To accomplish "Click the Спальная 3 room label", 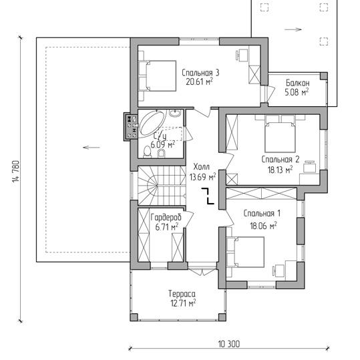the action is pos(200,73).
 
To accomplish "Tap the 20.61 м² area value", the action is pos(199,81).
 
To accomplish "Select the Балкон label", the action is pos(298,83).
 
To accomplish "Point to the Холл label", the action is pos(201,166).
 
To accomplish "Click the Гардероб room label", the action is pos(166,217).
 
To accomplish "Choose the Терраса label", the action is pos(182,294).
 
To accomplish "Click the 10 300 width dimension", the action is pos(228,344).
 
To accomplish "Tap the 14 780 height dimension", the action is pos(16,172).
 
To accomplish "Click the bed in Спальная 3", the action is pos(158,76).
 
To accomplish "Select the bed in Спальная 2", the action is pos(280,134).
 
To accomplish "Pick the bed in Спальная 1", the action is pos(245,252).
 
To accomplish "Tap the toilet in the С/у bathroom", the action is pos(147,152).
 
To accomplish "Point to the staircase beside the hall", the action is pos(162,186).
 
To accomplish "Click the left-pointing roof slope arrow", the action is pos(91,148).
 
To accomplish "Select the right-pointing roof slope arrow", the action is pos(293,29).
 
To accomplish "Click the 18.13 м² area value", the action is pos(280,170).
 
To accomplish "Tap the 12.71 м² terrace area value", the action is pos(183,303).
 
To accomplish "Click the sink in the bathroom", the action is pos(175,113).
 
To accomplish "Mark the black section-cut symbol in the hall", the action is pos(208,196).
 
